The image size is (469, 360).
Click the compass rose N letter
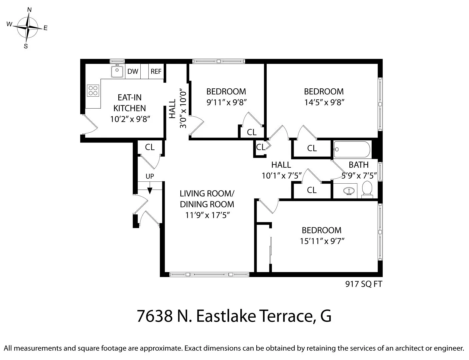pos(29,10)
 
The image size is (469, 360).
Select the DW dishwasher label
pos(133,71)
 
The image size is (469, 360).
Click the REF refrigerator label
pos(156,71)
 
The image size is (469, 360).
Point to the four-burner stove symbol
pos(93,90)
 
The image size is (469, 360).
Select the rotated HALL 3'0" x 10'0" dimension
pos(183,108)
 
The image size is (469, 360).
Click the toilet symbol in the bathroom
pos(367,189)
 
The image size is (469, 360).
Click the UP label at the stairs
pos(150,176)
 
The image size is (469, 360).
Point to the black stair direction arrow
pos(150,190)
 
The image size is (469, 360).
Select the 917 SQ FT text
pos(363,284)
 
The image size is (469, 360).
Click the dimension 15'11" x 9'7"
pos(322,241)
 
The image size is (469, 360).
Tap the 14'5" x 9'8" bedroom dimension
pos(324,102)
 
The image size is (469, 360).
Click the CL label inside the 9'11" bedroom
pos(252,132)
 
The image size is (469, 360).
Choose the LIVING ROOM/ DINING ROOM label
pos(207,199)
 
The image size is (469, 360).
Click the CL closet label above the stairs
pos(150,147)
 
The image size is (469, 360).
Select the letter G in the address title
pos(326,316)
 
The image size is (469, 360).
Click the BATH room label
pos(359,165)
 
